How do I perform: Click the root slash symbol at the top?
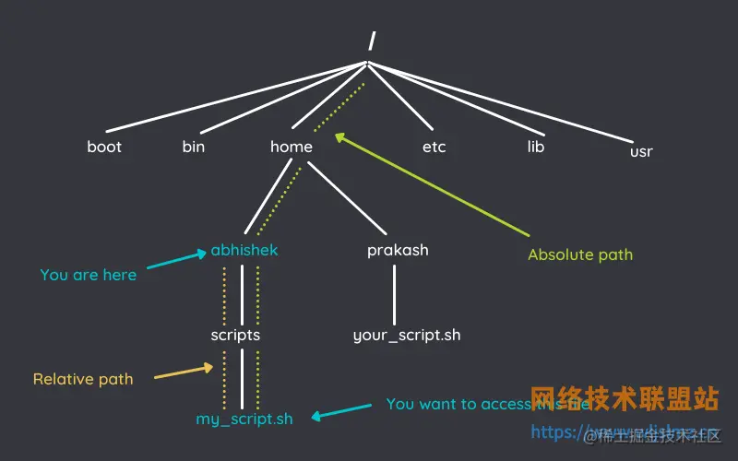pos(371,40)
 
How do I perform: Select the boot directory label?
pos(104,147)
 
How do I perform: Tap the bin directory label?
pos(194,147)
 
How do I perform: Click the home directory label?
pos(292,147)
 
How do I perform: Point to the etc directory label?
pos(434,147)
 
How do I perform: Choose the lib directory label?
pos(536,147)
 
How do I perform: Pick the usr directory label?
pos(641,151)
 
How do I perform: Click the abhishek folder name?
pos(244,250)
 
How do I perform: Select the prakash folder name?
pos(398,250)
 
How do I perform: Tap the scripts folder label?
pos(235,335)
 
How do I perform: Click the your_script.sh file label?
pos(407,335)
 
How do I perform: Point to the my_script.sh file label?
pos(244,419)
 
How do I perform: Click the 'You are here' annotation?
pos(89,275)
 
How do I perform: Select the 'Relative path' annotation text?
pos(83,379)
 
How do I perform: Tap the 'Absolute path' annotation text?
pos(580,254)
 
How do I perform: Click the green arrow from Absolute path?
pos(434,184)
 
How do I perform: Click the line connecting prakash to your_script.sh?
pos(395,295)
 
